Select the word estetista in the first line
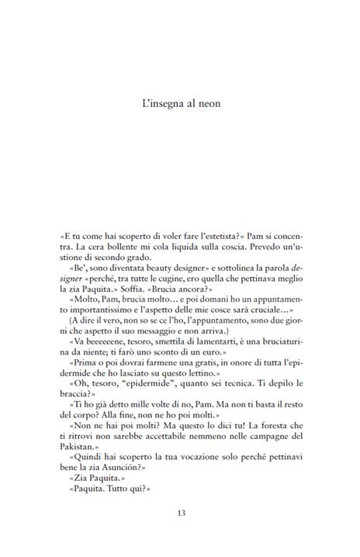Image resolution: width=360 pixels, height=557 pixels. pos(227,234)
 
